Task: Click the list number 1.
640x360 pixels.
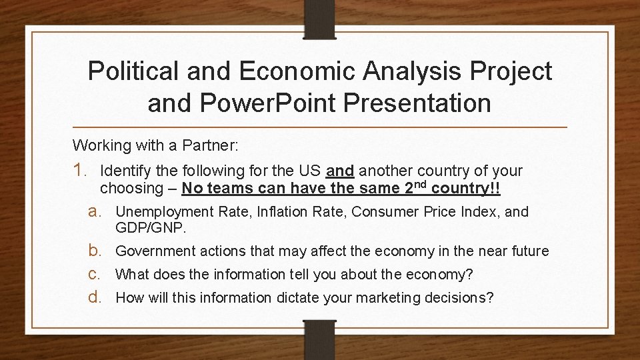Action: (82, 171)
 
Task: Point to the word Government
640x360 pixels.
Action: (155, 251)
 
